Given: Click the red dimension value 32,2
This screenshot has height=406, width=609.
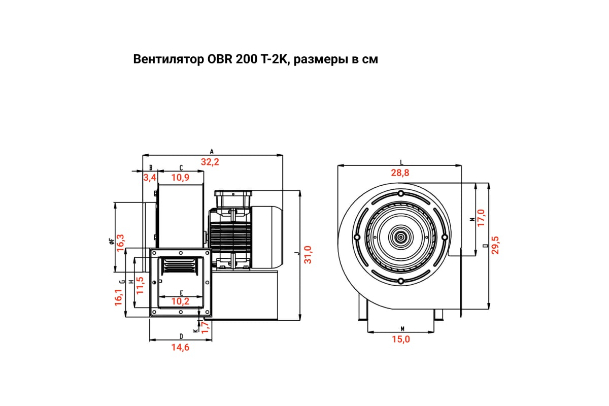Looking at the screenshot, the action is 210,162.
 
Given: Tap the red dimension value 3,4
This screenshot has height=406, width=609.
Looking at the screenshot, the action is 150,178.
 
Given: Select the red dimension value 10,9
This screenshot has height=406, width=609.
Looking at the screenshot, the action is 180,178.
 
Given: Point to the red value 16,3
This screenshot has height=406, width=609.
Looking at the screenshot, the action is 120,243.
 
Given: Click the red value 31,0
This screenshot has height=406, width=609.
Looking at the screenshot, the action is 308,255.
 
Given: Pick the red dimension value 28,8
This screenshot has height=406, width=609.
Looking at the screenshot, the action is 400,173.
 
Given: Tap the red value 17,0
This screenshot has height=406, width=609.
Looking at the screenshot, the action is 481,218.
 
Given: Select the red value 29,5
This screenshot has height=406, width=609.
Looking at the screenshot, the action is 495,245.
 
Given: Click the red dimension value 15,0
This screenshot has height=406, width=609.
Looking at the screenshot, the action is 401,339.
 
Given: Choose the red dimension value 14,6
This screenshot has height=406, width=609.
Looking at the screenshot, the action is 180,347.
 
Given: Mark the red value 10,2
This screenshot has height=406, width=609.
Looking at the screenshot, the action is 180,301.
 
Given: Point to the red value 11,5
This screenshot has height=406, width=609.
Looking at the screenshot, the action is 140,285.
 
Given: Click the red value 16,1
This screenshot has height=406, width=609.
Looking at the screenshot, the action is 119,297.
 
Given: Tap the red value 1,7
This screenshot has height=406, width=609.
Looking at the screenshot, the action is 205,327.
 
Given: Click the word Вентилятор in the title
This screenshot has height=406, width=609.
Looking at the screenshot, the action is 168,59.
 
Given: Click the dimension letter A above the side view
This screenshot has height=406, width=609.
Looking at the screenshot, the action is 212,152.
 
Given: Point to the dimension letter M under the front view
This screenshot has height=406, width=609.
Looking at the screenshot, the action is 402,329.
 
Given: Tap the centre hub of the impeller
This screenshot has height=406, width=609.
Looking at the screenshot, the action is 401,237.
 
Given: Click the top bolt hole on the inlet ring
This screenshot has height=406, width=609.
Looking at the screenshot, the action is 401,194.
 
